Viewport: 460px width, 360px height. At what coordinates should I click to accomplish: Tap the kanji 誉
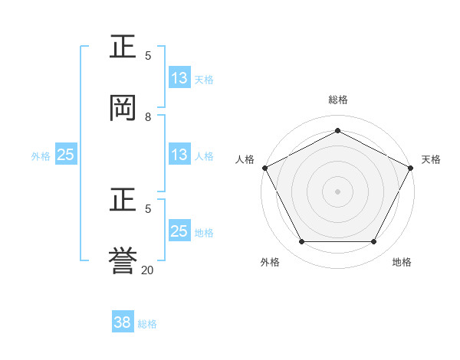pyautogui.click(x=123, y=260)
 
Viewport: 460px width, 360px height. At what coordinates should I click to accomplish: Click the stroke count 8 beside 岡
pyautogui.click(x=148, y=117)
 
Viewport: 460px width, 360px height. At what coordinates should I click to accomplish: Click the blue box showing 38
pyautogui.click(x=123, y=322)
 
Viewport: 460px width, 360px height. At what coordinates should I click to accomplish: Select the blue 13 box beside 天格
pyautogui.click(x=179, y=78)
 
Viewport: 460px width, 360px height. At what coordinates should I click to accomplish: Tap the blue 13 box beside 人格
pyautogui.click(x=179, y=155)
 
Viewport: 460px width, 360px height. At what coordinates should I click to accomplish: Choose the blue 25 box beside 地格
pyautogui.click(x=179, y=231)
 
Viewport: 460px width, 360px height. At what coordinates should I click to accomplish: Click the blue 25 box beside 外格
pyautogui.click(x=66, y=155)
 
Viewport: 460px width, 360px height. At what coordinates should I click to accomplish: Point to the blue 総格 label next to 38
pyautogui.click(x=147, y=324)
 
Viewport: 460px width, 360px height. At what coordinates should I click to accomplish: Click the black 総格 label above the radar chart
pyautogui.click(x=338, y=100)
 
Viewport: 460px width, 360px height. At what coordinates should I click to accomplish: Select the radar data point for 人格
pyautogui.click(x=264, y=167)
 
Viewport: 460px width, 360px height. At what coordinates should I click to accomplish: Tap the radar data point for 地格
pyautogui.click(x=374, y=242)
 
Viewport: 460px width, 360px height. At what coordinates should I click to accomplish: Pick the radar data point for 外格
pyautogui.click(x=301, y=242)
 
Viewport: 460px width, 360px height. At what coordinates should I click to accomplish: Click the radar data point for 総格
pyautogui.click(x=337, y=130)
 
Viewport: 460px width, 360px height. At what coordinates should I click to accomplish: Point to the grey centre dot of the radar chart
pyautogui.click(x=337, y=191)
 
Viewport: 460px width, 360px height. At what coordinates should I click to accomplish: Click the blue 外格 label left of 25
pyautogui.click(x=41, y=155)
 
